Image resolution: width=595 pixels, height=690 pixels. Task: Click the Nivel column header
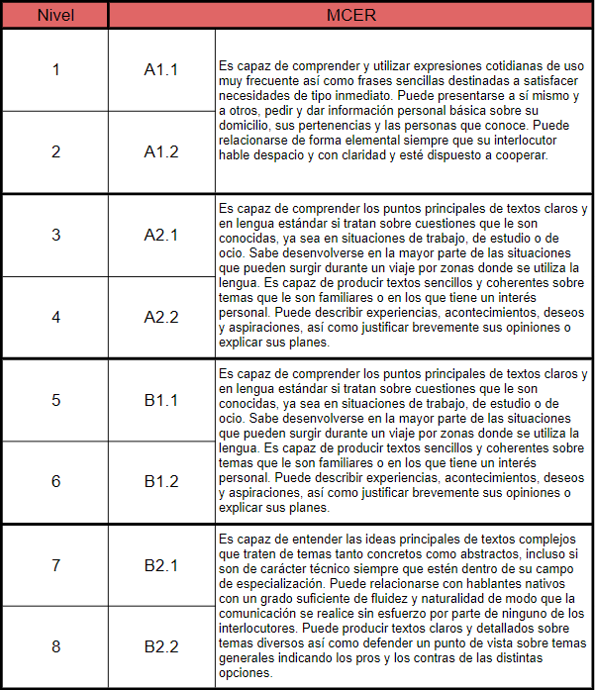click(55, 15)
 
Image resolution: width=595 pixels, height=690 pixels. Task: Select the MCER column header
click(351, 15)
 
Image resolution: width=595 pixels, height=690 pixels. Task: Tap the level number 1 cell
click(55, 69)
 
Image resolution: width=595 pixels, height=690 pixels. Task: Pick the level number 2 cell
click(55, 151)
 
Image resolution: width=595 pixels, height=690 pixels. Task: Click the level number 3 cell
click(55, 235)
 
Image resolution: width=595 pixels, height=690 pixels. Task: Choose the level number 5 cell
click(55, 400)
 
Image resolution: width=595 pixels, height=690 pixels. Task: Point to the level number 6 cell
click(55, 481)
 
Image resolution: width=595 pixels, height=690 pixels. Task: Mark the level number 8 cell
click(55, 646)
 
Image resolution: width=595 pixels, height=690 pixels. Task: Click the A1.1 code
click(161, 69)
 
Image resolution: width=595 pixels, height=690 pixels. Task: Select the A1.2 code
click(161, 151)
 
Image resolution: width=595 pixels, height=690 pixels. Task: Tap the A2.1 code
click(161, 235)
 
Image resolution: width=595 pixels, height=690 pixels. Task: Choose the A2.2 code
click(161, 317)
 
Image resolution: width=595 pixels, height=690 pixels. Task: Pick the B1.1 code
click(161, 400)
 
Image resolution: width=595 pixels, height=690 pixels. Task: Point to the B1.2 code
click(161, 481)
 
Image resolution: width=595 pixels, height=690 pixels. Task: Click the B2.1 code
click(161, 565)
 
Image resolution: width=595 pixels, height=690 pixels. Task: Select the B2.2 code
click(161, 646)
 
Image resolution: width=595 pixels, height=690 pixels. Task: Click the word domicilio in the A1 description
click(245, 126)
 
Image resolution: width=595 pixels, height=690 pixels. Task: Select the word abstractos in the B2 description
click(474, 553)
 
